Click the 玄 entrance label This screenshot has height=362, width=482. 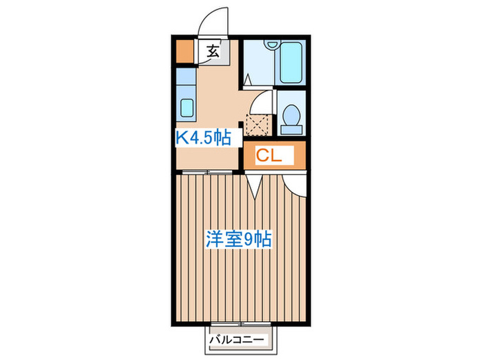tap(213, 50)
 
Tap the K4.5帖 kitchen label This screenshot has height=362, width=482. tap(202, 138)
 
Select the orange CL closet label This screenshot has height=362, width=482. tap(270, 157)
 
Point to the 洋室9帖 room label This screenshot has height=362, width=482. tap(240, 239)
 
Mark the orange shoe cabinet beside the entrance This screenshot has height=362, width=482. tap(184, 52)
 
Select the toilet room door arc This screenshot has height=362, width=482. tap(260, 103)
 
